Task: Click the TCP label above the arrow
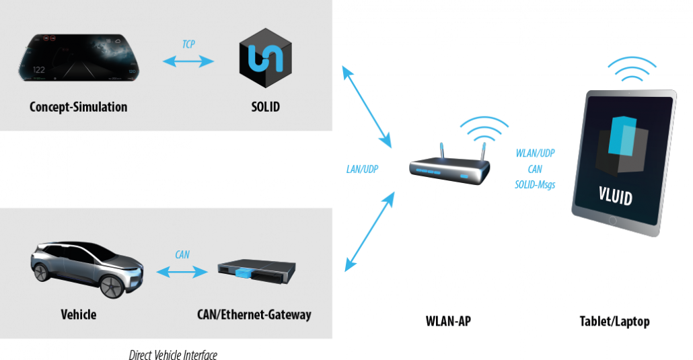(189, 44)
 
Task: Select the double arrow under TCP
(188, 62)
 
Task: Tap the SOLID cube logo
(266, 59)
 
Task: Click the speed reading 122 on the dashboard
(39, 70)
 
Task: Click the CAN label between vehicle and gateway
(182, 255)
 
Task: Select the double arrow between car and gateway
(182, 272)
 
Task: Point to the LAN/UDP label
(361, 170)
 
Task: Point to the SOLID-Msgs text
(536, 184)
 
